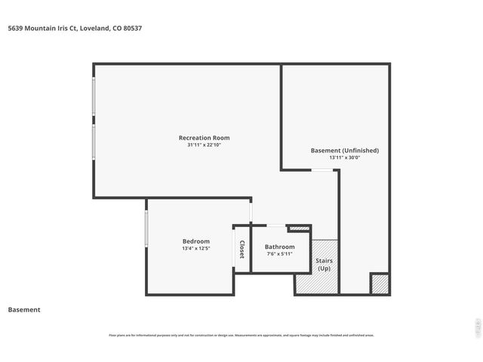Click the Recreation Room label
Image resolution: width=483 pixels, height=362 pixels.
(204, 138)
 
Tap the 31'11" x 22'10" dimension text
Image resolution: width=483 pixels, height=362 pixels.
(204, 145)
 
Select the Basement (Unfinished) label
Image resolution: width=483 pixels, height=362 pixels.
(344, 150)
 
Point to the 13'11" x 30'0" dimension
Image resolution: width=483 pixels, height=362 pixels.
(344, 158)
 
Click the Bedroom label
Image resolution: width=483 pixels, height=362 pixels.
(195, 241)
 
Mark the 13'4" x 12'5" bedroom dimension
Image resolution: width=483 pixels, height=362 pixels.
(195, 248)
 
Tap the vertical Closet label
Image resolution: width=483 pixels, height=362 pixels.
(242, 250)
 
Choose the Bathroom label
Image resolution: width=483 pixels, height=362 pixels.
(279, 247)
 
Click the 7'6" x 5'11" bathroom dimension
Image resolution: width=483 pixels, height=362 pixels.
(279, 254)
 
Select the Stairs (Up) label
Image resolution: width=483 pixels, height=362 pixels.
(324, 265)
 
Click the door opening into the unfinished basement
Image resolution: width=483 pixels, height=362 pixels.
(325, 170)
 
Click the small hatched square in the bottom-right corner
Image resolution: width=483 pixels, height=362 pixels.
(380, 284)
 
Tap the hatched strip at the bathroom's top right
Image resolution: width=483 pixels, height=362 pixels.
(300, 228)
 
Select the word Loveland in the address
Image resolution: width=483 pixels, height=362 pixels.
(94, 29)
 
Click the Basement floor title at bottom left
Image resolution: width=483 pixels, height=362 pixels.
(24, 310)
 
